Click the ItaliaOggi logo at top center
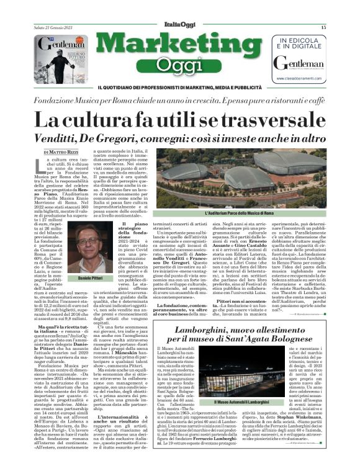(180, 27)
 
